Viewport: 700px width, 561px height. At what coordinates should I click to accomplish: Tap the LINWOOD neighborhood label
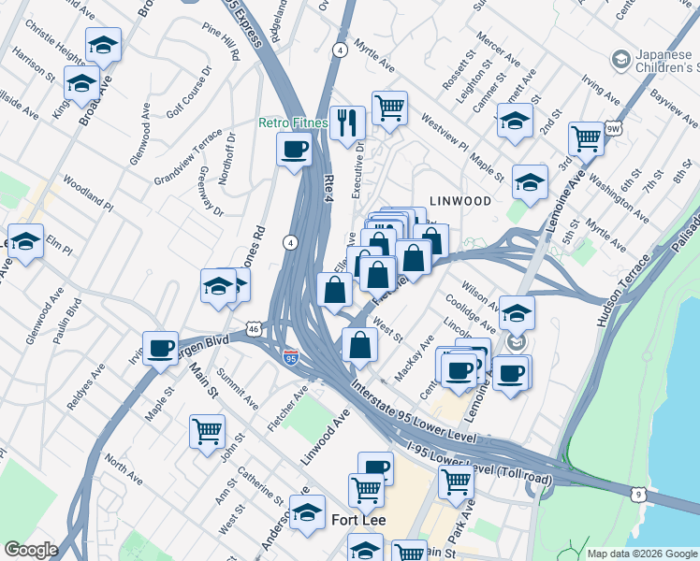459,201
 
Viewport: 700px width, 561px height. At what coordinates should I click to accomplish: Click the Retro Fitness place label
293,122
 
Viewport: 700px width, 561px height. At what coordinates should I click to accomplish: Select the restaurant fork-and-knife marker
347,121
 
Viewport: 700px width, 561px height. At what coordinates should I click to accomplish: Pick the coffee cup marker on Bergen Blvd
161,348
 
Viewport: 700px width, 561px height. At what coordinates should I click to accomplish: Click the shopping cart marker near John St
207,431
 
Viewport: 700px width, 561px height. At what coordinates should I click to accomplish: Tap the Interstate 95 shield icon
291,356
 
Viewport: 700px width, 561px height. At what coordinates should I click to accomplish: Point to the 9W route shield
613,128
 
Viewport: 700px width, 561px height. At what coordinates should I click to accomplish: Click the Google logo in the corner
31,551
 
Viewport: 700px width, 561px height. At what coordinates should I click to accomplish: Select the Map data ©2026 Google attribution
641,554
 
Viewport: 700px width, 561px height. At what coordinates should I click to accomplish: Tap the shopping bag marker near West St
360,345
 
